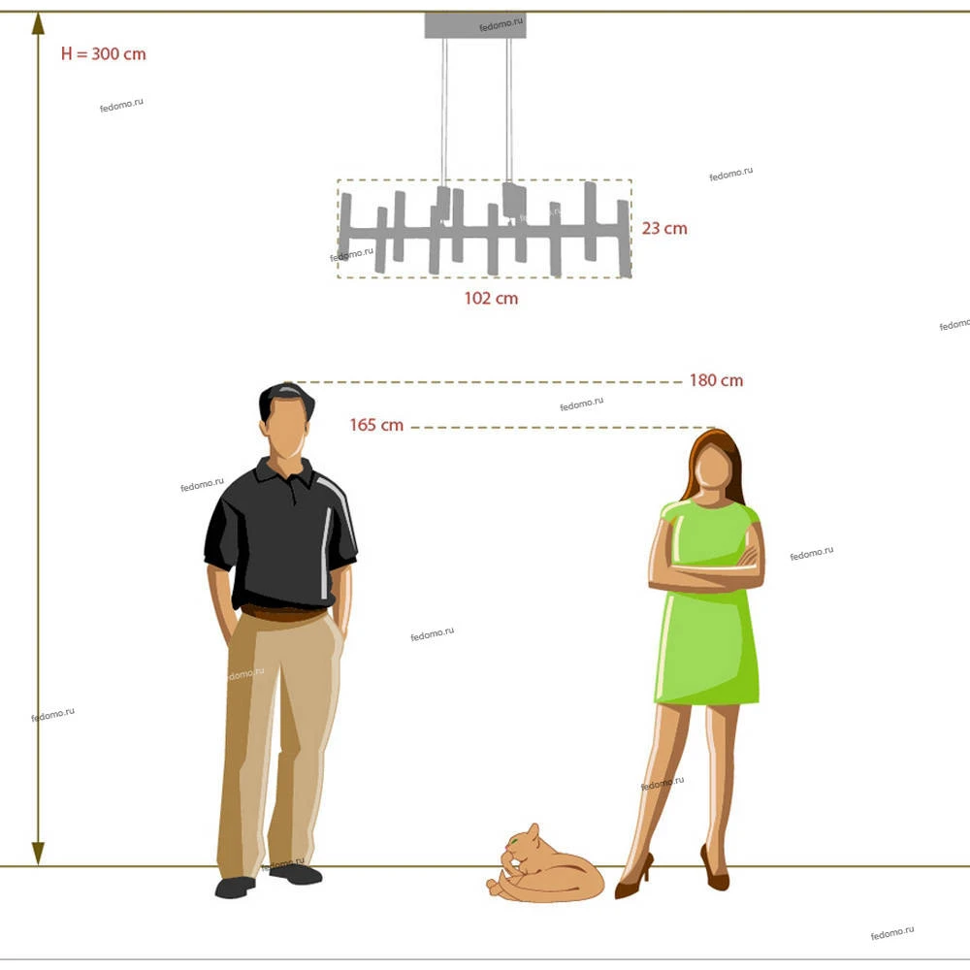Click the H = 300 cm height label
(104, 53)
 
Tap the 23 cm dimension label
(664, 228)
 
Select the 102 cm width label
(491, 298)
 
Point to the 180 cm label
(717, 380)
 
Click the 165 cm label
(376, 425)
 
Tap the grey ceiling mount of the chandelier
(475, 25)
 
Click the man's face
(286, 427)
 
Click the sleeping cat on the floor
(545, 866)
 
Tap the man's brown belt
(284, 613)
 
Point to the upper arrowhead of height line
(39, 23)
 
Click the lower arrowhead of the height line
(39, 853)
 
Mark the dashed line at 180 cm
(484, 382)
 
